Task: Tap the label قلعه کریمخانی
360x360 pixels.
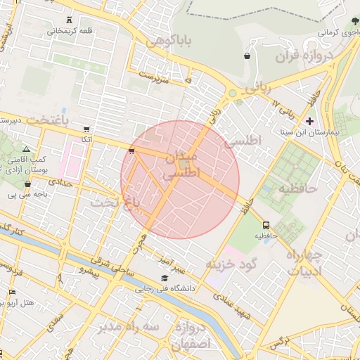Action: pos(68,32)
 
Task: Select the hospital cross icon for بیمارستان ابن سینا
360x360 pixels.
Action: pos(309,121)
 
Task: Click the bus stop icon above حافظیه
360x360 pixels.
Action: pos(265,225)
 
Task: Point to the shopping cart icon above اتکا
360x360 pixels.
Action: pos(86,129)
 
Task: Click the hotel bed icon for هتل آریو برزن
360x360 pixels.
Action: pos(11,292)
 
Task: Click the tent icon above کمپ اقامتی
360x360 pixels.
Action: pos(27,149)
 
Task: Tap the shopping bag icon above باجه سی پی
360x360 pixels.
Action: pos(28,184)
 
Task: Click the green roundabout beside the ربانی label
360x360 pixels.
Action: pos(231,93)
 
